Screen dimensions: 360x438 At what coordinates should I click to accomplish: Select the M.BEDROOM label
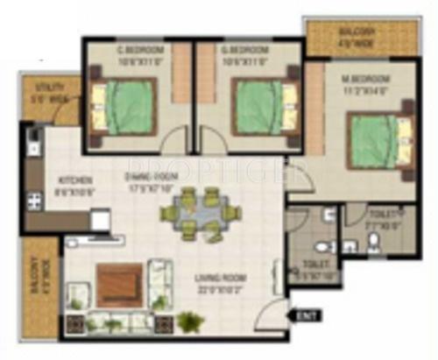pyautogui.click(x=365, y=80)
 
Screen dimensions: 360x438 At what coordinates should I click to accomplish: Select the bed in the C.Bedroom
pyautogui.click(x=128, y=107)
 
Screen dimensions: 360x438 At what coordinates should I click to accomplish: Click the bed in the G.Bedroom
pyautogui.click(x=259, y=106)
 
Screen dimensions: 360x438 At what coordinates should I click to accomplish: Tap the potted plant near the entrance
pyautogui.click(x=190, y=322)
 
